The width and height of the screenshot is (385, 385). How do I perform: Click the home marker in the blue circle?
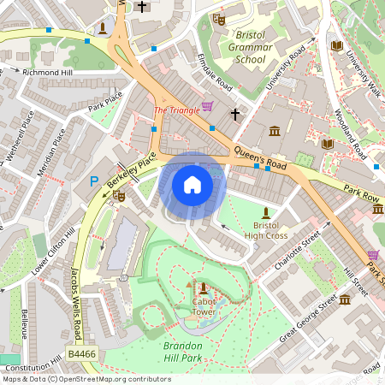(x=192, y=184)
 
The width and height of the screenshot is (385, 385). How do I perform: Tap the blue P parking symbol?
(x=94, y=181)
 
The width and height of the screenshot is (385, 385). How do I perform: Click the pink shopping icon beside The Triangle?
(x=207, y=107)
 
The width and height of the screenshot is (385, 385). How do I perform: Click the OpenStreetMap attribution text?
(x=86, y=379)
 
